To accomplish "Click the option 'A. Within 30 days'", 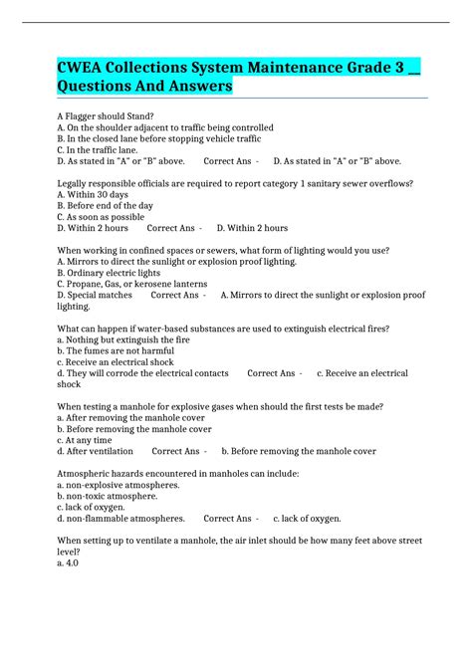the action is click(96, 194).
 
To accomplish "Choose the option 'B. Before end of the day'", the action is click(106, 205).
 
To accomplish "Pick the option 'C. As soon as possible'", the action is click(101, 216).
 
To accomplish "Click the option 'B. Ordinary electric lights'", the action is click(109, 272).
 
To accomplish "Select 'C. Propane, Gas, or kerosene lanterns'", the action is click(132, 284).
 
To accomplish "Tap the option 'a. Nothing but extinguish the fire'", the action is click(123, 339).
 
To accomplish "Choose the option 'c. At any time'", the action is click(87, 439).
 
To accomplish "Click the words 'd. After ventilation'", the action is click(96, 451).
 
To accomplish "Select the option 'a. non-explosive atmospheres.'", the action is click(118, 485).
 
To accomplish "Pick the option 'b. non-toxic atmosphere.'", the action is click(108, 496).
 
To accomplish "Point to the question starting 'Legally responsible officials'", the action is click(235, 183).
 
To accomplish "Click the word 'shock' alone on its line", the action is click(69, 384).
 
